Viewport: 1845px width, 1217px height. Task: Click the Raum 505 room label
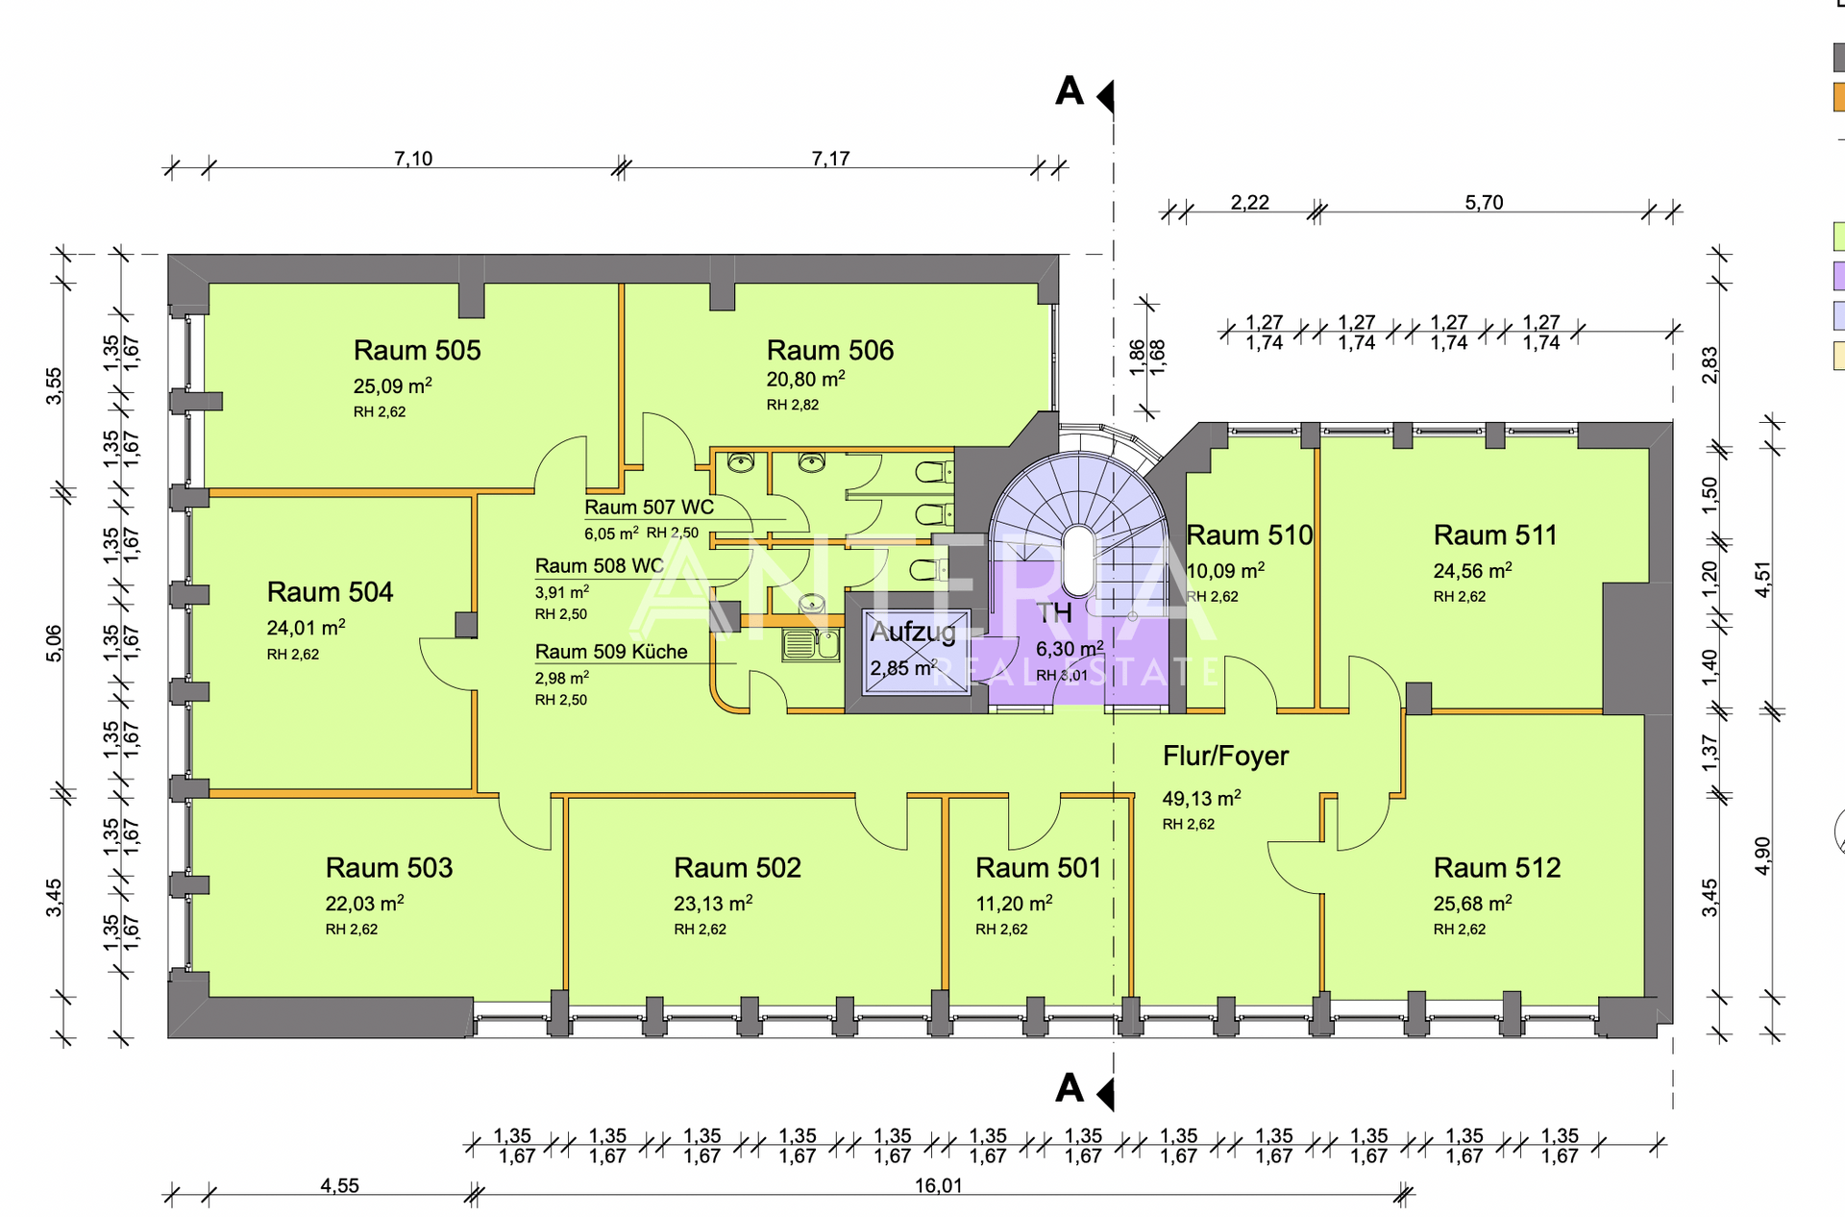tap(417, 350)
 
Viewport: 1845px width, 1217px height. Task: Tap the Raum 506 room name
tap(830, 350)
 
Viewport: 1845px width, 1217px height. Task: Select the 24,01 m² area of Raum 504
tap(306, 628)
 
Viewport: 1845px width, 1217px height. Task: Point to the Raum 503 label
tap(389, 867)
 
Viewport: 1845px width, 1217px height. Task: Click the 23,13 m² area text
tap(713, 904)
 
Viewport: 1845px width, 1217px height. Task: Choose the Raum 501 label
tap(1038, 867)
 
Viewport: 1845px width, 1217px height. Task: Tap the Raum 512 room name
tap(1497, 867)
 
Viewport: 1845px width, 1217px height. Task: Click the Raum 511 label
tap(1495, 534)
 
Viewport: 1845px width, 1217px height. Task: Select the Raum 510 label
tap(1249, 534)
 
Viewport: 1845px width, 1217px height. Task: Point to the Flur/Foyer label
tap(1225, 756)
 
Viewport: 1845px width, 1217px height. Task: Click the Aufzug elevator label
tap(913, 633)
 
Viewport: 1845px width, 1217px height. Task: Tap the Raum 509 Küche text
tap(611, 652)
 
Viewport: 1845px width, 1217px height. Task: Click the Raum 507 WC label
tap(650, 508)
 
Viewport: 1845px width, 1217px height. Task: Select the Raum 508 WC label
tap(600, 566)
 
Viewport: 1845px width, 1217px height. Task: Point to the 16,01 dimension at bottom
tap(938, 1185)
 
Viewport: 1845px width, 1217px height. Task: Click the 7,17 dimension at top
tap(830, 159)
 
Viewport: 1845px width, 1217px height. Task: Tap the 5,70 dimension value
tap(1484, 203)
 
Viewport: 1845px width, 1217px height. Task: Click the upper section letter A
tap(1070, 91)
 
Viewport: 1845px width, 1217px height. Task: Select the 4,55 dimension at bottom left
tap(339, 1185)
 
